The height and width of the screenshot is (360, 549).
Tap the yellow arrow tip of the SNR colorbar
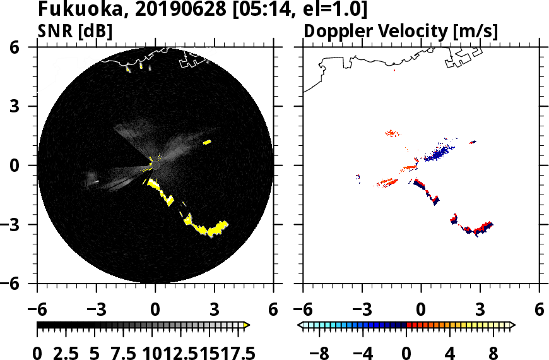tap(247, 325)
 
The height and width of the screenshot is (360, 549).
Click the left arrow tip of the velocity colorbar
tap(301, 325)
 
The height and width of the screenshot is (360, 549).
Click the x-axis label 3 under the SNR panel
tap(214, 310)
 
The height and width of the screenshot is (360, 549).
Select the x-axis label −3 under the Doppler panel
tap(359, 310)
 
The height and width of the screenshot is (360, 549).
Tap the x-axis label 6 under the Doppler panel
tap(539, 310)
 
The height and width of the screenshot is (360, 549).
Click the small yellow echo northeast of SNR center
tap(206, 142)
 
